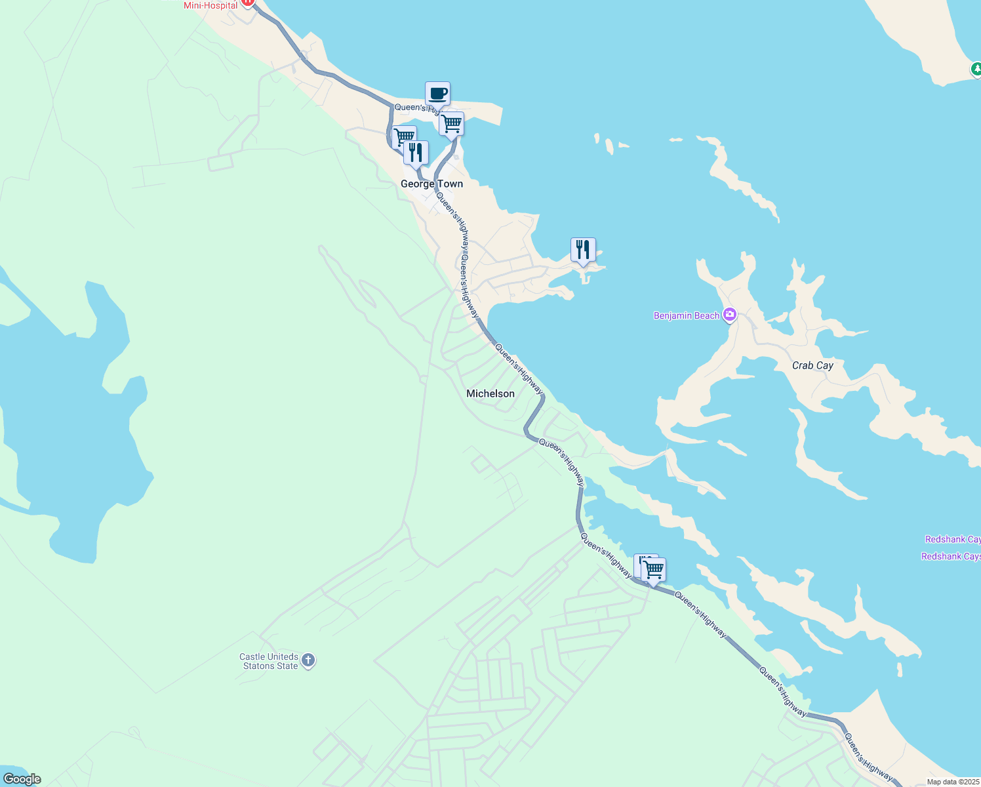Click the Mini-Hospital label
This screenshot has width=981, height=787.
tap(210, 5)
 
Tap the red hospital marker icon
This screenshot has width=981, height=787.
tap(248, 3)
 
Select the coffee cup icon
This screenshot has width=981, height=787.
tap(437, 94)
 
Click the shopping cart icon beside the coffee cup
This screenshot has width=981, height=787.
tap(451, 123)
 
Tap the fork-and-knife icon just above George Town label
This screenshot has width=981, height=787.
tap(416, 153)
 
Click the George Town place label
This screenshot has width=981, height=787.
tap(431, 184)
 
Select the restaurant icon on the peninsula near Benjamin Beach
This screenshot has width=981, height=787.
tap(583, 250)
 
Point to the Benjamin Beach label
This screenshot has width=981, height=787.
tap(687, 315)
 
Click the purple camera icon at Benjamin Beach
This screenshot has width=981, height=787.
tap(729, 315)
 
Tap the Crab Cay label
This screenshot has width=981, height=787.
tap(812, 365)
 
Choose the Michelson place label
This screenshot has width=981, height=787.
tap(490, 393)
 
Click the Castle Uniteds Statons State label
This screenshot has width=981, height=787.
tap(270, 661)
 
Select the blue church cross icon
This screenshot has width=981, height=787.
tap(308, 660)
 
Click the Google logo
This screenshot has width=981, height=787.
tap(22, 779)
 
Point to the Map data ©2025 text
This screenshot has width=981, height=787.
tap(953, 782)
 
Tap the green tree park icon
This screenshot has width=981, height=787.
tap(976, 68)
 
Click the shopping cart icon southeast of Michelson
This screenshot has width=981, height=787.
tap(654, 569)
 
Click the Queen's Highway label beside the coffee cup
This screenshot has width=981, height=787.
tap(413, 108)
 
